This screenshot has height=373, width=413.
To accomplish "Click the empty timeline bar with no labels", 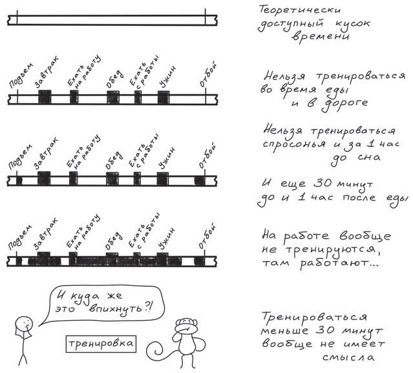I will coord(110,20).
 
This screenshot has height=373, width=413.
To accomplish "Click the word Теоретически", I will coord(295,11).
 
